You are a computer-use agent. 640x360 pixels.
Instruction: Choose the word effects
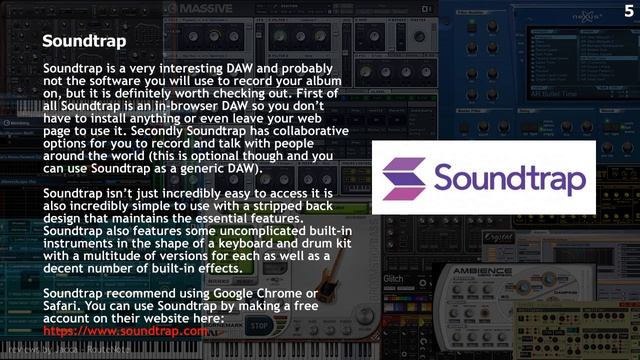pyautogui.click(x=217, y=269)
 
